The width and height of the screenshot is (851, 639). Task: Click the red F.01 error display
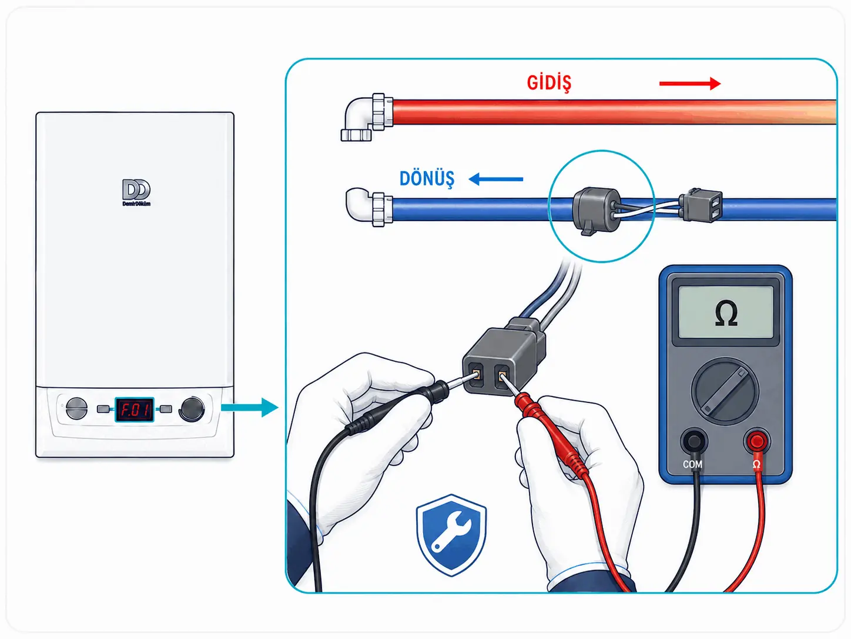click(x=134, y=410)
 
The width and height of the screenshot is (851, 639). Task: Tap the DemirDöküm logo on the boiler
click(x=136, y=192)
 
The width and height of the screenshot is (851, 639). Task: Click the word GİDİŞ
click(x=549, y=83)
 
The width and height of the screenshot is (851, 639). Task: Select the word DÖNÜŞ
click(x=427, y=179)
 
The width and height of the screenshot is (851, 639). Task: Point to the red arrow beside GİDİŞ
click(x=690, y=84)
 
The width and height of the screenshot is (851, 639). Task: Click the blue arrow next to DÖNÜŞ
click(x=496, y=179)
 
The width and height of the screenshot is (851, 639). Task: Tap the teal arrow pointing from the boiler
click(x=250, y=407)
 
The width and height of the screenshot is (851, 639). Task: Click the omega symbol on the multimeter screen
click(x=726, y=314)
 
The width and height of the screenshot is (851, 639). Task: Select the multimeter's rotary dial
click(x=725, y=391)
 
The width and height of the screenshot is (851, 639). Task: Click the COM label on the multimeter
click(x=692, y=464)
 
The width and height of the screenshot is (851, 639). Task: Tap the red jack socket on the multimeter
click(x=756, y=441)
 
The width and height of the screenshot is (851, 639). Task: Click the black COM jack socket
click(x=694, y=441)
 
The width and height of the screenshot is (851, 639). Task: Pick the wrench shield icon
click(x=451, y=535)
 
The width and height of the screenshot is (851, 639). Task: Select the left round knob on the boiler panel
click(x=76, y=408)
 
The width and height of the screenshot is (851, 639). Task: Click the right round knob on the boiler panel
click(x=192, y=409)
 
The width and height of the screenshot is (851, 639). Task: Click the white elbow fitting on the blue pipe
click(x=369, y=208)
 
